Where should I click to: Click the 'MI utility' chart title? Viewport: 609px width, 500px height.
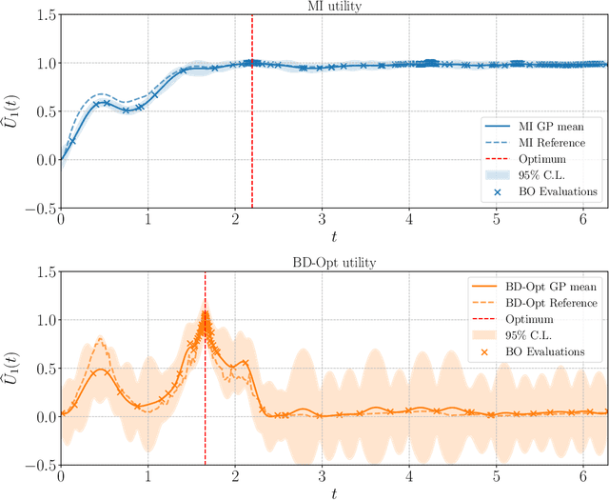(x=333, y=8)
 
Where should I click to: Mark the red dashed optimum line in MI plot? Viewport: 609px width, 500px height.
(x=252, y=114)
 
